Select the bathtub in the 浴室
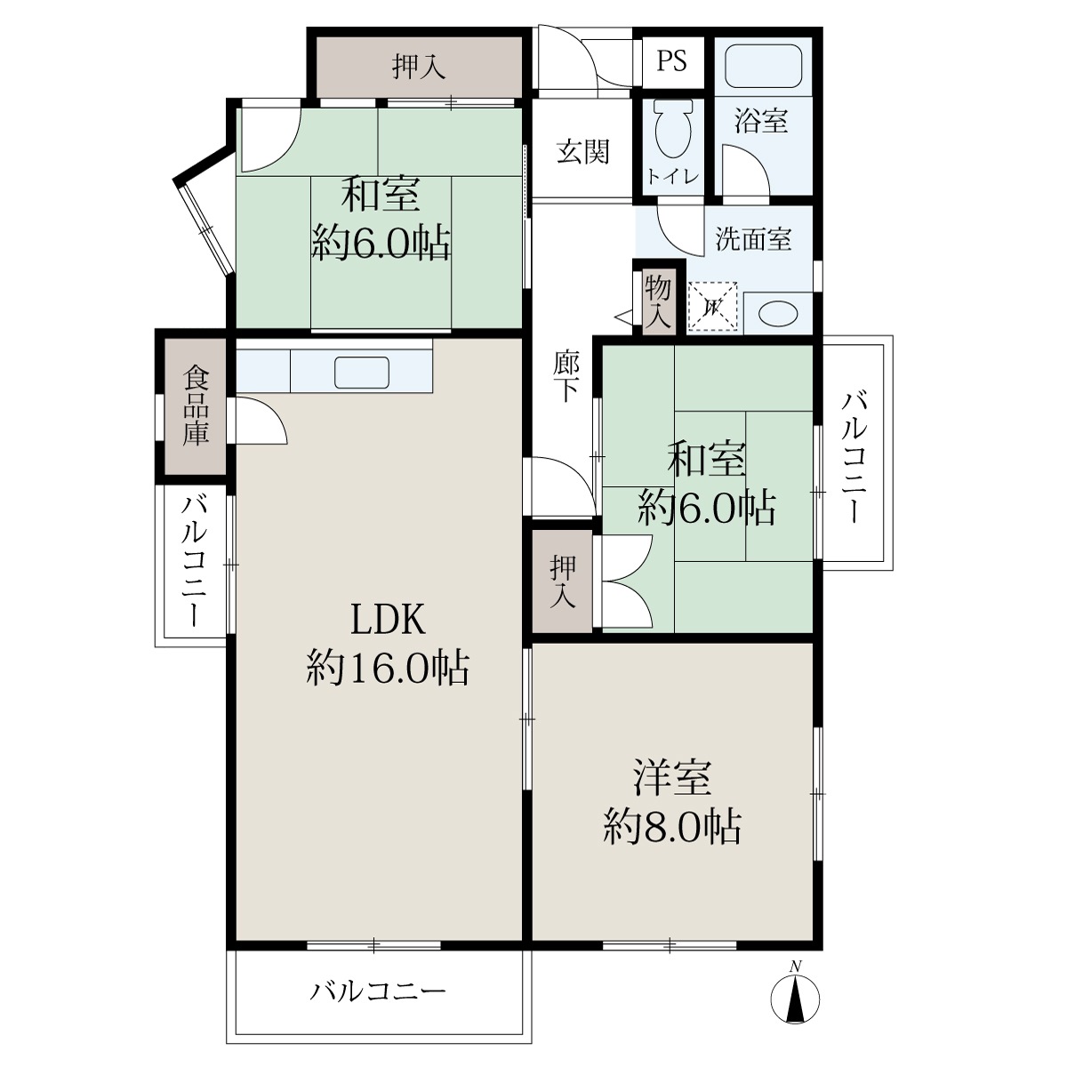(763, 65)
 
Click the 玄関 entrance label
(582, 152)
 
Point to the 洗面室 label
(753, 239)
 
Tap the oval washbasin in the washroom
(778, 314)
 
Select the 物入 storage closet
(658, 302)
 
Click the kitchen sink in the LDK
(362, 372)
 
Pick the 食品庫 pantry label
(196, 405)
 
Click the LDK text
(388, 620)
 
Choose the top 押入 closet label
(419, 68)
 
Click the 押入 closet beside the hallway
(563, 582)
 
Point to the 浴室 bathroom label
(761, 120)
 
